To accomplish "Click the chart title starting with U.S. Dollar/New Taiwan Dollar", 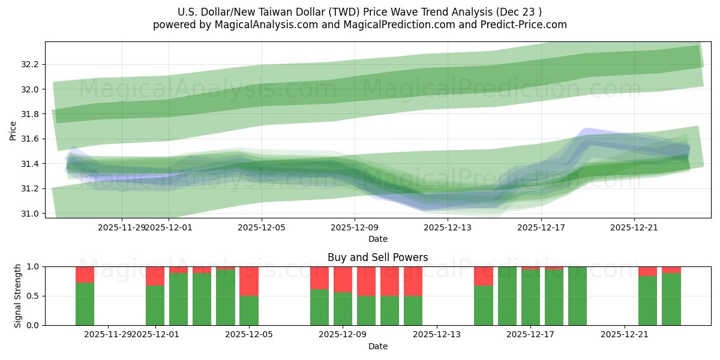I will (360, 11).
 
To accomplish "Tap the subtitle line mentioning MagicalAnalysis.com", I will (360, 25).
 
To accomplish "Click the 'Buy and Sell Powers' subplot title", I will (377, 257).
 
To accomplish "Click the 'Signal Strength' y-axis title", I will (18, 295).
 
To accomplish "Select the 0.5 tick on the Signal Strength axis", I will (34, 296).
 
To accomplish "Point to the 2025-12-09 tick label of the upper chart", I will (355, 227).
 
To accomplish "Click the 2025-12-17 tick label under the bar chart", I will (530, 334).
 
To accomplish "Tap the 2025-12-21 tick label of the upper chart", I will (634, 227).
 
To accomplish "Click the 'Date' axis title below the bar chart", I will (377, 346).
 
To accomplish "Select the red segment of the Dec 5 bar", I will (249, 281).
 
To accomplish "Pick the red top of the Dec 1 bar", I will (155, 276).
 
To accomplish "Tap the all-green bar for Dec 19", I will (577, 296).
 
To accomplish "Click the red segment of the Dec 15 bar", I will (484, 276).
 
